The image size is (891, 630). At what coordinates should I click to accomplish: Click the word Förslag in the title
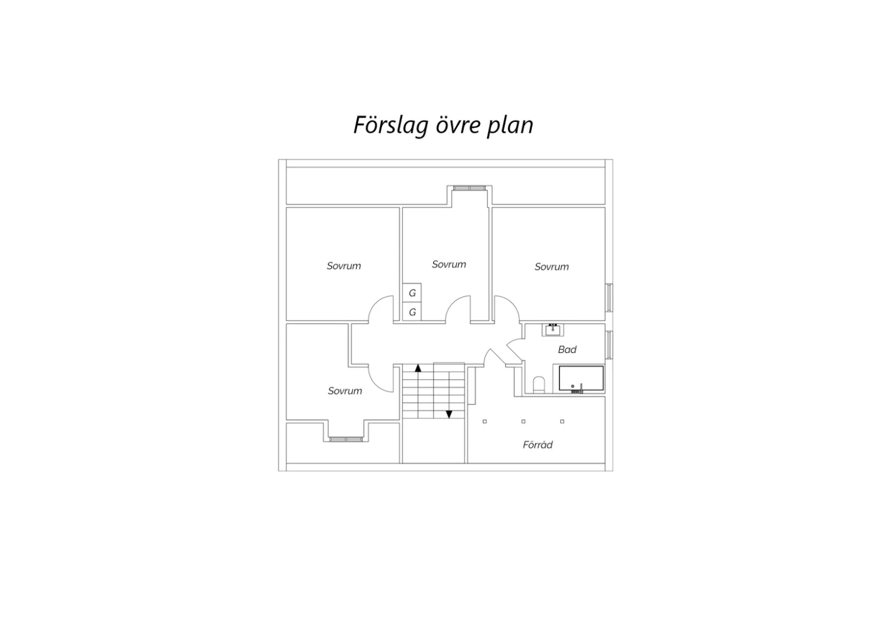click(391, 125)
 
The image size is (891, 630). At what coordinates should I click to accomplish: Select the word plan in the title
click(510, 126)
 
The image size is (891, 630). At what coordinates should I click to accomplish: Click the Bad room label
click(567, 349)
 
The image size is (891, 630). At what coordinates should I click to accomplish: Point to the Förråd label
click(538, 445)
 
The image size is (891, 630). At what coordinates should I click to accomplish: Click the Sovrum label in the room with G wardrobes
click(448, 264)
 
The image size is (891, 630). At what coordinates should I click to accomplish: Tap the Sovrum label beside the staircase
click(345, 391)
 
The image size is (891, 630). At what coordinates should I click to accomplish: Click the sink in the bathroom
click(552, 330)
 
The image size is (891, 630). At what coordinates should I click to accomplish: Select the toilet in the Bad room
click(539, 385)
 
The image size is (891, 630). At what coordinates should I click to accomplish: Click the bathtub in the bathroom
click(581, 378)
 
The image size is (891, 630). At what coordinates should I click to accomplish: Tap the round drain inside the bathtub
click(573, 386)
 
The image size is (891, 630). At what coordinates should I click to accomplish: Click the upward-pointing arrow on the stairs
click(418, 368)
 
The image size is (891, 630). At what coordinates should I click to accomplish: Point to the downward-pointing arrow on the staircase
click(448, 414)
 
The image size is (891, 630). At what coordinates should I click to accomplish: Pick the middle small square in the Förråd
click(523, 421)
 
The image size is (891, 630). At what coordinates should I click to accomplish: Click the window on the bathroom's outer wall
click(609, 345)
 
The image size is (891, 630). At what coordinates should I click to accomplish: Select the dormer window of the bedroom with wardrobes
click(469, 187)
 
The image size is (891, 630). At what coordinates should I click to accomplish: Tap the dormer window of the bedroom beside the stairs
click(346, 439)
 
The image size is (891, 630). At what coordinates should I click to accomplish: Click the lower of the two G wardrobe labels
click(412, 312)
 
